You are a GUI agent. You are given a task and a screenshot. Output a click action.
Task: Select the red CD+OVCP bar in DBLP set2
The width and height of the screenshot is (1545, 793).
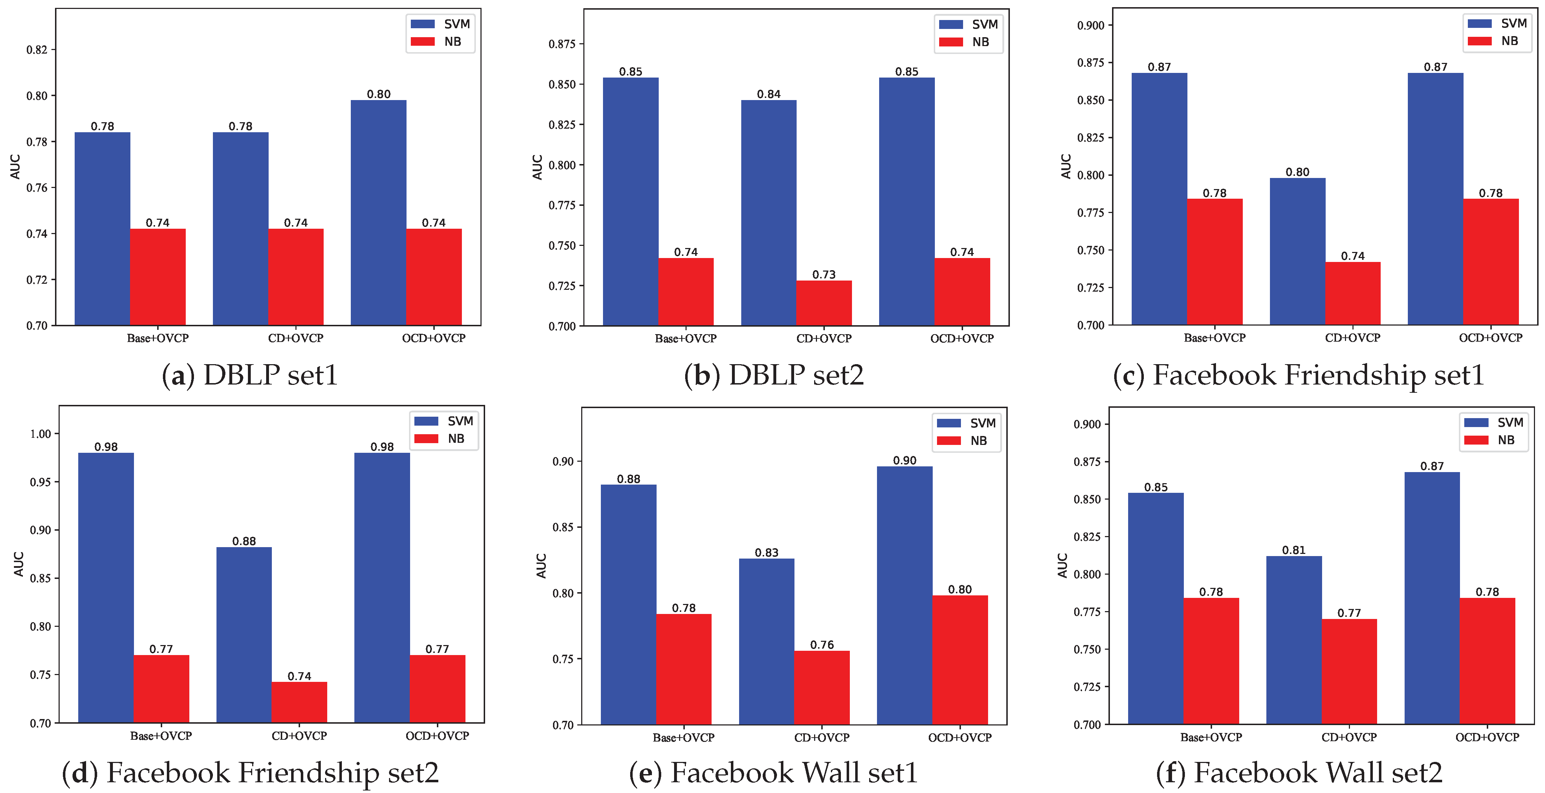(x=823, y=303)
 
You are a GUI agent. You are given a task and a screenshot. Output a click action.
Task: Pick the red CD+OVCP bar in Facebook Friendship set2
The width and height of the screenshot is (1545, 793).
(x=299, y=702)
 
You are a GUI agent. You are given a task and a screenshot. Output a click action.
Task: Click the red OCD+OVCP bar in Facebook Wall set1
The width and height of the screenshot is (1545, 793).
(x=960, y=660)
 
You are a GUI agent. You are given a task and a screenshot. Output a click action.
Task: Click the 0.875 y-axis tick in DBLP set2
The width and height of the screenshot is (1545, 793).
(x=562, y=44)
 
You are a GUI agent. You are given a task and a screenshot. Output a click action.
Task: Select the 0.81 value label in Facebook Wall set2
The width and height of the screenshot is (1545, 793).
(x=1294, y=550)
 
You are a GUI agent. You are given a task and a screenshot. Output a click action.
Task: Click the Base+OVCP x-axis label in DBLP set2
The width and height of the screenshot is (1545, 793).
(x=686, y=338)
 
